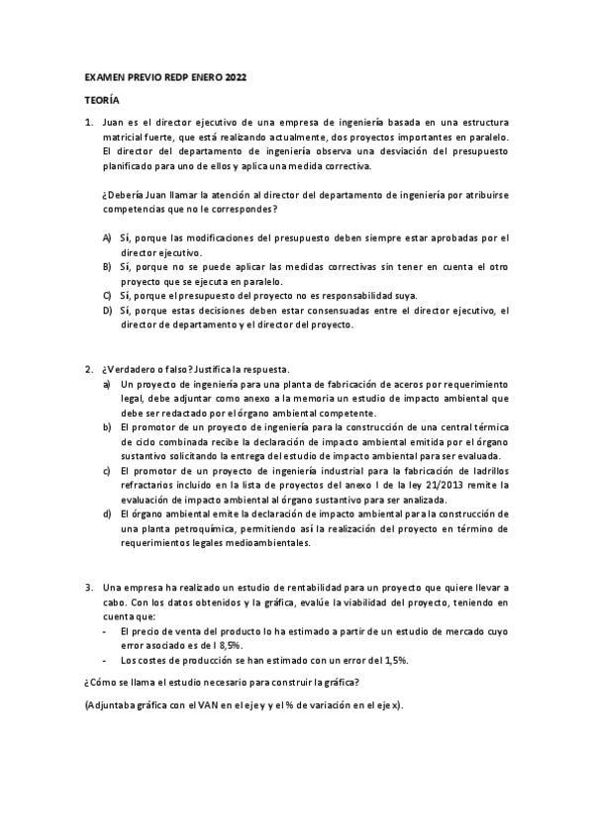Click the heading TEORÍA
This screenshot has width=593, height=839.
tap(100, 100)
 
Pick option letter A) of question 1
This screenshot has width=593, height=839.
tap(107, 239)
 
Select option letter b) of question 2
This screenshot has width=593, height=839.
tap(107, 426)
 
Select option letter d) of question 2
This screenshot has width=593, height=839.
tap(107, 514)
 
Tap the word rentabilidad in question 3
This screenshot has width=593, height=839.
tap(279, 587)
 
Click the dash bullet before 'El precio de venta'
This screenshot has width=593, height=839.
tap(106, 630)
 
